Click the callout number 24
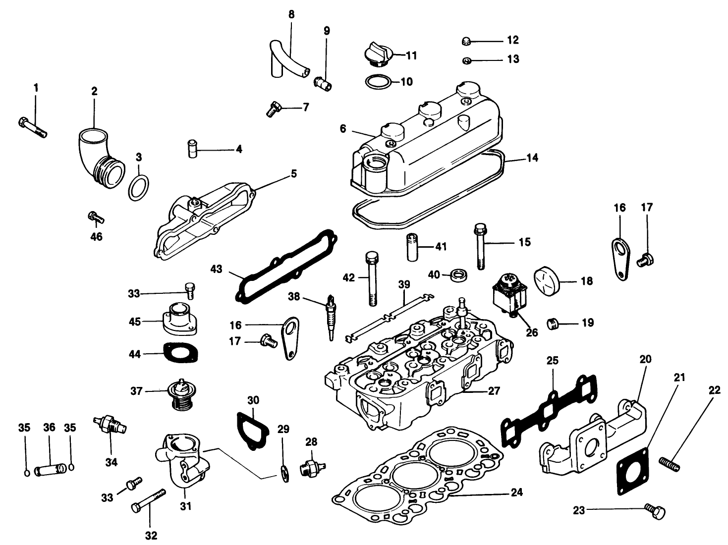coord(516,493)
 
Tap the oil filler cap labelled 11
coord(379,55)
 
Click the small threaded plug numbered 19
coord(555,324)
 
